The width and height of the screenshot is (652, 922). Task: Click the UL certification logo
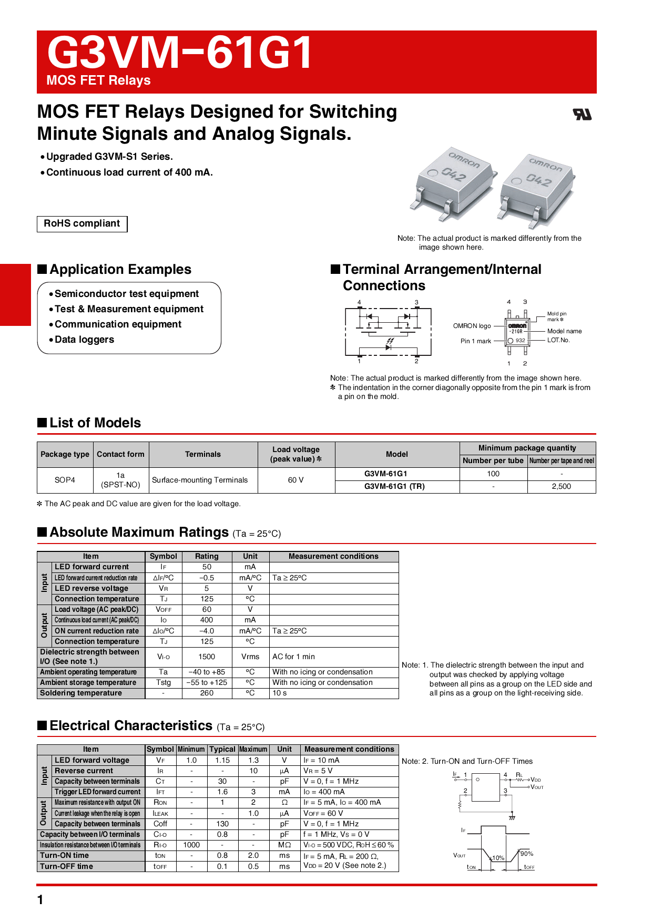click(x=582, y=114)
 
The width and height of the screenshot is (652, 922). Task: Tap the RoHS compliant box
click(x=82, y=223)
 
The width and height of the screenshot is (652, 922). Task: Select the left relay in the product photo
click(x=455, y=182)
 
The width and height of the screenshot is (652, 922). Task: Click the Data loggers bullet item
click(x=84, y=340)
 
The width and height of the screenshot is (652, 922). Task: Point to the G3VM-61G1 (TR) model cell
click(x=394, y=486)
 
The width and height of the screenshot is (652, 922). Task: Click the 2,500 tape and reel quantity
click(x=561, y=486)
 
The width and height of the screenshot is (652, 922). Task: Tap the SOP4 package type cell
click(x=65, y=480)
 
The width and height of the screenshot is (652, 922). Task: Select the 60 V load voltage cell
click(x=296, y=480)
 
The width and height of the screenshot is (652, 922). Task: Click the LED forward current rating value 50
click(x=207, y=567)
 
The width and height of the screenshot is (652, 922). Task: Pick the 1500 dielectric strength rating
click(x=207, y=657)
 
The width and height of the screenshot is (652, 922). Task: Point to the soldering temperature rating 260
click(x=207, y=693)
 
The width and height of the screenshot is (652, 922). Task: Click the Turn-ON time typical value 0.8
click(x=222, y=855)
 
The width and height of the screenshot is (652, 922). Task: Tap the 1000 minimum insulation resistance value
click(x=191, y=845)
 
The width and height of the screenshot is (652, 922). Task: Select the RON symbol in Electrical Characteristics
click(x=160, y=803)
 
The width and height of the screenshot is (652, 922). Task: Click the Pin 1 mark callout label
click(x=475, y=341)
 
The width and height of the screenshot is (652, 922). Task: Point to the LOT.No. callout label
click(x=558, y=340)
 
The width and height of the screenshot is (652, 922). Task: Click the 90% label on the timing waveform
click(x=527, y=854)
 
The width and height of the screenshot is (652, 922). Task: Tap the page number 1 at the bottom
click(x=40, y=900)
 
